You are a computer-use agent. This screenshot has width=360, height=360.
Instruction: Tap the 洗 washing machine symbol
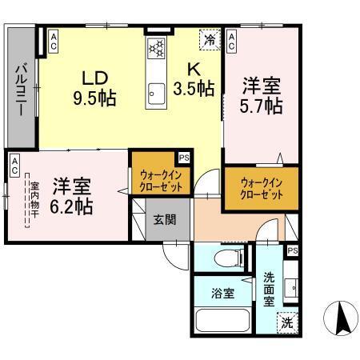point(286,323)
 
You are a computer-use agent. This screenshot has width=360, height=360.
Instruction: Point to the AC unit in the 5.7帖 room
point(231,41)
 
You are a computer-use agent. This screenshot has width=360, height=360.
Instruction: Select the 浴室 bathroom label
point(223,294)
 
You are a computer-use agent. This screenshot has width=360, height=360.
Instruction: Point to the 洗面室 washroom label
point(270,290)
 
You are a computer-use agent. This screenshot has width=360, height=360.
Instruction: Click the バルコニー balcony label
point(20,89)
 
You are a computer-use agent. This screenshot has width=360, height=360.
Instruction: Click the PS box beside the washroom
point(292,251)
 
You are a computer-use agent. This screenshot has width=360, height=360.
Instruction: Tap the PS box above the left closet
point(184,158)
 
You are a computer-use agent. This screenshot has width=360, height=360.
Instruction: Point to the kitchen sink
point(155,91)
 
